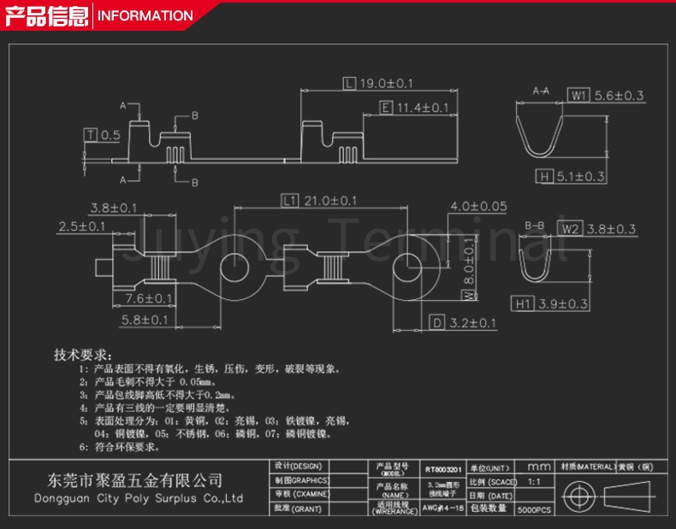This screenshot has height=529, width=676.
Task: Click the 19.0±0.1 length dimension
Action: click(x=386, y=84)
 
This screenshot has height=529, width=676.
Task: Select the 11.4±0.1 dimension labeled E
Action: click(x=422, y=108)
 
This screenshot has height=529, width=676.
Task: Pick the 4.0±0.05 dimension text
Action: click(x=478, y=206)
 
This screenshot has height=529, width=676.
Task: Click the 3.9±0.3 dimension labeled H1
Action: click(x=561, y=304)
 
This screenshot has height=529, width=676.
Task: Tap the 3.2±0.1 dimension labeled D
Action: click(x=471, y=323)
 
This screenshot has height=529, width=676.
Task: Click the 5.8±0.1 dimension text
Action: click(x=145, y=320)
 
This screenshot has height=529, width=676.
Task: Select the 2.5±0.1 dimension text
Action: click(x=81, y=226)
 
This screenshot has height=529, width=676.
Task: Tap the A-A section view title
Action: click(x=541, y=90)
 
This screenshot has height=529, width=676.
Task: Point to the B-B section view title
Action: click(x=535, y=225)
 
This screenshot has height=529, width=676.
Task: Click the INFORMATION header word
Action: click(x=145, y=15)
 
